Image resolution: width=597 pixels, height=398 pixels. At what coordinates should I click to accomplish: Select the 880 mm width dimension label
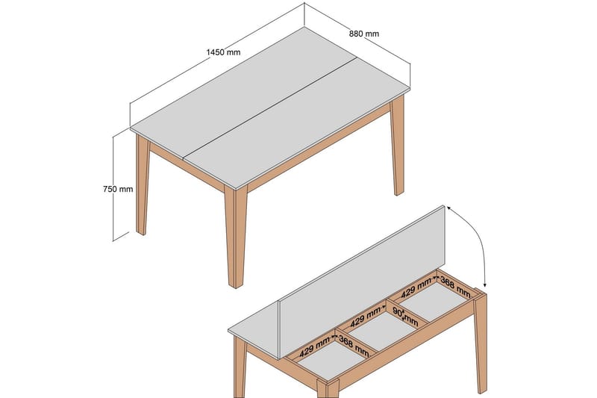(363, 34)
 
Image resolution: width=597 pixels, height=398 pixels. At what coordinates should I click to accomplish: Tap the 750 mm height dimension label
(118, 189)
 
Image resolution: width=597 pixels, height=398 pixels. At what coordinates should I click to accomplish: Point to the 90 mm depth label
(405, 314)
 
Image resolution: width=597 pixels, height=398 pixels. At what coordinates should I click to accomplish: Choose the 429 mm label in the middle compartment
(366, 315)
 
